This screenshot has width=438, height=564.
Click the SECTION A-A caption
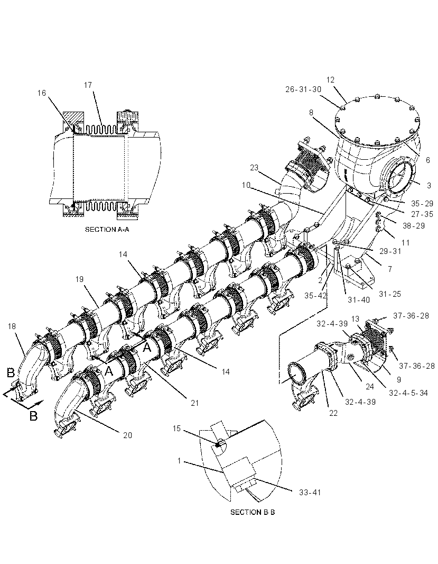[x=107, y=229]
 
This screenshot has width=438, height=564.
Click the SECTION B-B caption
[x=252, y=512]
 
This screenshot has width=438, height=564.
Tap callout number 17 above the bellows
[x=88, y=85]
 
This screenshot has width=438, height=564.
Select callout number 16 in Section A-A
[x=42, y=93]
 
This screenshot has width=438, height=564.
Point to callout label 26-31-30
[x=303, y=89]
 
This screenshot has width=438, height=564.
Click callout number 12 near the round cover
[x=331, y=79]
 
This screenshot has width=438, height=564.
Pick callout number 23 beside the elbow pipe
[x=254, y=168]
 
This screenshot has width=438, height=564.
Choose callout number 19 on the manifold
[x=79, y=279]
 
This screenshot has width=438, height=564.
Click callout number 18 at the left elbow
[x=12, y=326]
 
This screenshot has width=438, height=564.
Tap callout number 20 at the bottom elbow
[x=127, y=435]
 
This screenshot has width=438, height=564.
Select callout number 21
[x=194, y=403]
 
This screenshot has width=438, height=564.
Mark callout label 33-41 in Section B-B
[x=310, y=492]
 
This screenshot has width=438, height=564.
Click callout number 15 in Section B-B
[x=176, y=429]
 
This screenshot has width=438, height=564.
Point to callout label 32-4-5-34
[x=408, y=393]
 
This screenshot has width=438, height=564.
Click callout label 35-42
[x=315, y=296]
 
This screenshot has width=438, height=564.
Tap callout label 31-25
[x=390, y=294]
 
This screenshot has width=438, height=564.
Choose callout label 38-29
[x=414, y=226]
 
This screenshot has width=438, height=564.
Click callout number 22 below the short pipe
[x=333, y=413]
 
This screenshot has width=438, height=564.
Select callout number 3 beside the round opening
[x=429, y=186]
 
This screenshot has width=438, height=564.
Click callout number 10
[x=246, y=185]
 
